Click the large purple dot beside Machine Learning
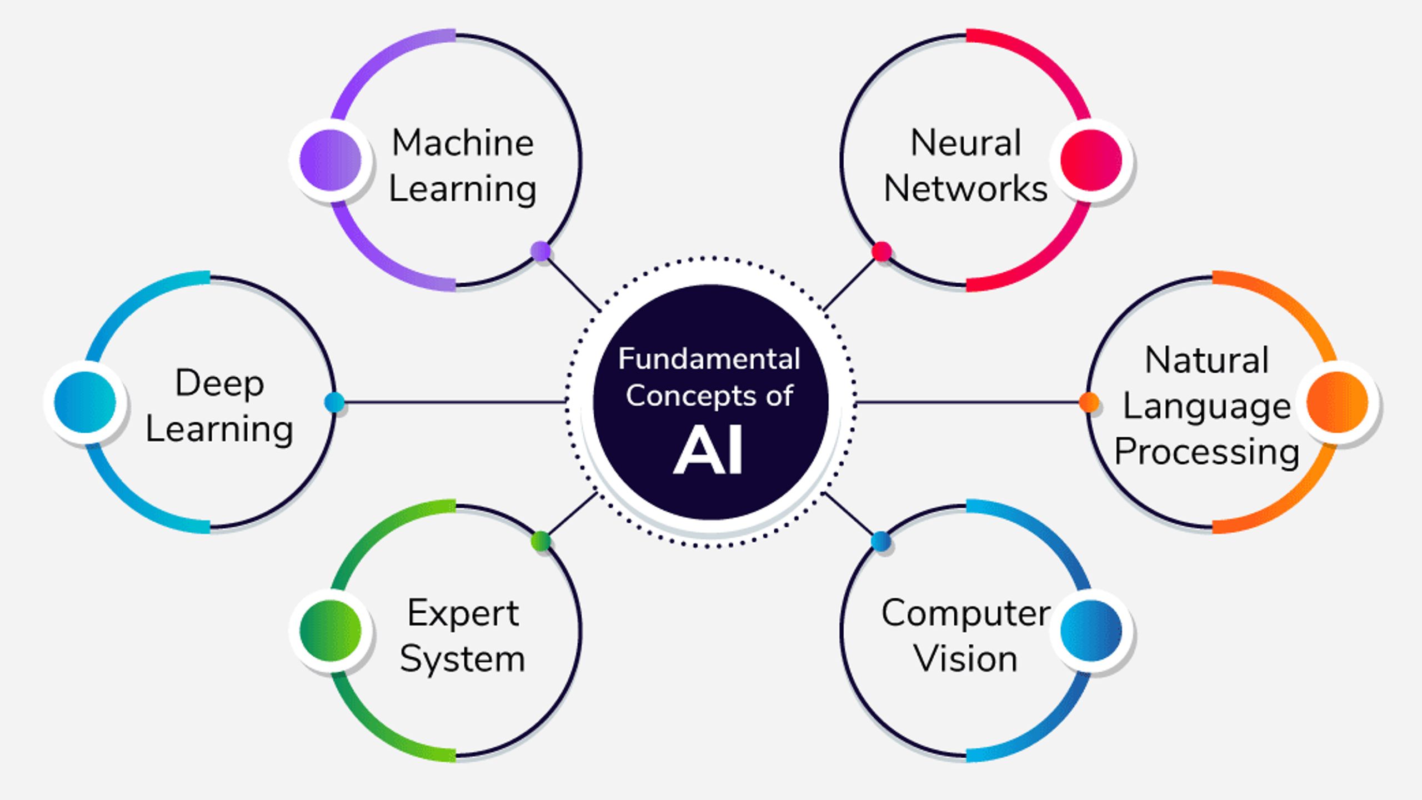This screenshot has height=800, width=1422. pos(330,160)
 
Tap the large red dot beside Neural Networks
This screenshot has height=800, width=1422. pos(1091,160)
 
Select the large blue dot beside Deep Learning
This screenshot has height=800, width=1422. pos(85,402)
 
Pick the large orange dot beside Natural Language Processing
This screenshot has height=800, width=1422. pos(1337,402)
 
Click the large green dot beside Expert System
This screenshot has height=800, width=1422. pos(330,631)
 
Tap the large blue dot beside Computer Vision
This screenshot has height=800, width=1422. pos(1091,631)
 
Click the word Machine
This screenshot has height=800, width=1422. pos(463,143)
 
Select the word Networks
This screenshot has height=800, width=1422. pos(965,188)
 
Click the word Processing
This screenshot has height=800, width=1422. pos(1206,452)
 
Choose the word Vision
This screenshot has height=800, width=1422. pos(965,659)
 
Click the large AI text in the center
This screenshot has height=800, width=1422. pos(708,451)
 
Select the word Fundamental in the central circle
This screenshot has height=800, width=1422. pos(709,358)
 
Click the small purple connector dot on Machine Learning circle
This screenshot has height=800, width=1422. pos(540,251)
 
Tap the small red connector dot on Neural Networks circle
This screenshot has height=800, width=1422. pos(882,251)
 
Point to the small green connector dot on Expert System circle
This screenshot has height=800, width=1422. pos(540,541)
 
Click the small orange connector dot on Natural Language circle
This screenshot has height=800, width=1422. pos(1089,402)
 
